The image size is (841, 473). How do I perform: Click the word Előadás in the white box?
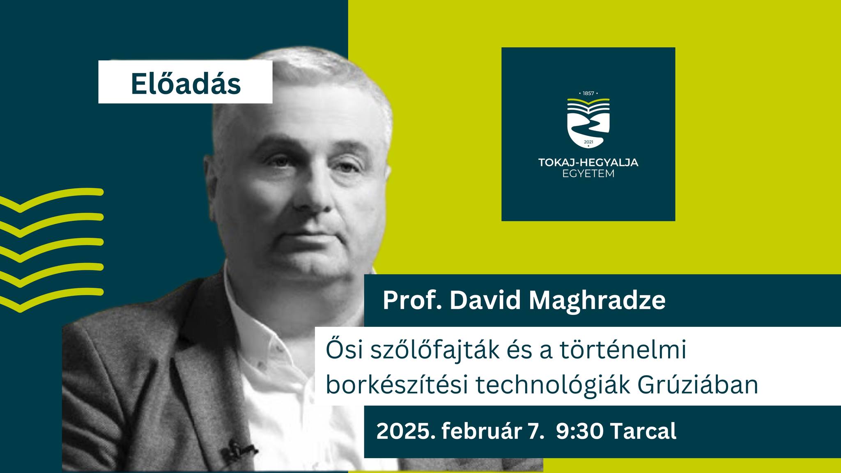pos(186,84)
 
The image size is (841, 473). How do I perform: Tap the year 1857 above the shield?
pos(588,94)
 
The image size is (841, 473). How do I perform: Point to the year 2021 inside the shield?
pos(588,142)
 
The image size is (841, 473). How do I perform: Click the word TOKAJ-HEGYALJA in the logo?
pos(588,163)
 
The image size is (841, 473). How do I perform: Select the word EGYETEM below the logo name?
pos(588,174)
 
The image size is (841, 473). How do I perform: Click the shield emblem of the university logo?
pos(588,123)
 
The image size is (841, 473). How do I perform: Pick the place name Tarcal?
pos(643,432)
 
